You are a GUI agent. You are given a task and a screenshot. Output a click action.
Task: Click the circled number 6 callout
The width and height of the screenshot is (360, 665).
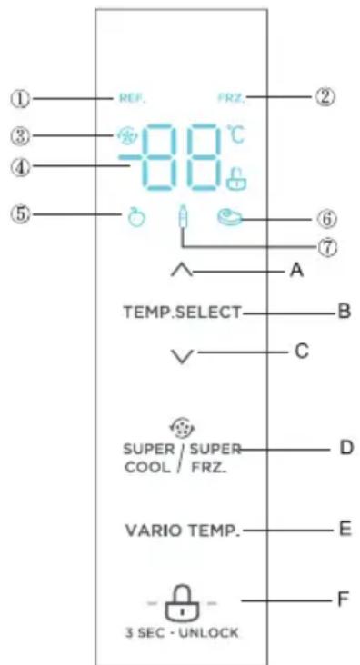point(330,219)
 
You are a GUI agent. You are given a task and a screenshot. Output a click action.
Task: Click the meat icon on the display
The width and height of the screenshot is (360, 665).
point(229,218)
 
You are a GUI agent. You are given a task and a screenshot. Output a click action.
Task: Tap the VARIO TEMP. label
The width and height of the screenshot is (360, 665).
point(182,530)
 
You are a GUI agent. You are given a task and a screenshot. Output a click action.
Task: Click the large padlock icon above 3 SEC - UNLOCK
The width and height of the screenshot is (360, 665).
point(182,600)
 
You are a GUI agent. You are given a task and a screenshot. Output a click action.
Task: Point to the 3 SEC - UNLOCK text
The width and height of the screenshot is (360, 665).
point(182,632)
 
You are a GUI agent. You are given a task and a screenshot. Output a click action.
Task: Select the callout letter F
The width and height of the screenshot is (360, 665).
point(344,600)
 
